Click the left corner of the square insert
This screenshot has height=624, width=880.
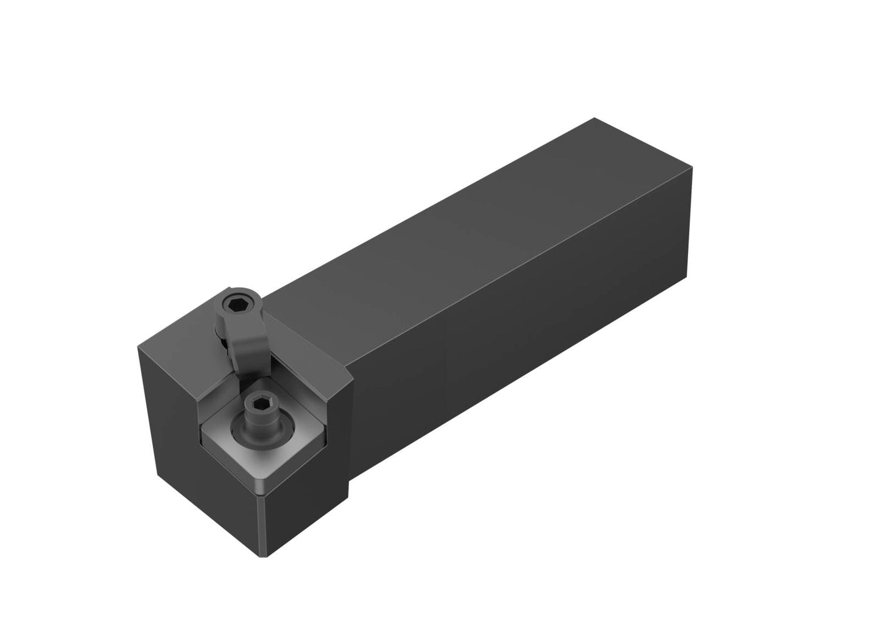[202, 436]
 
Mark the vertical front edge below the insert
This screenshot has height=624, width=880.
[266, 527]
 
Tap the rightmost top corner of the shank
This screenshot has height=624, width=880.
[692, 166]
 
